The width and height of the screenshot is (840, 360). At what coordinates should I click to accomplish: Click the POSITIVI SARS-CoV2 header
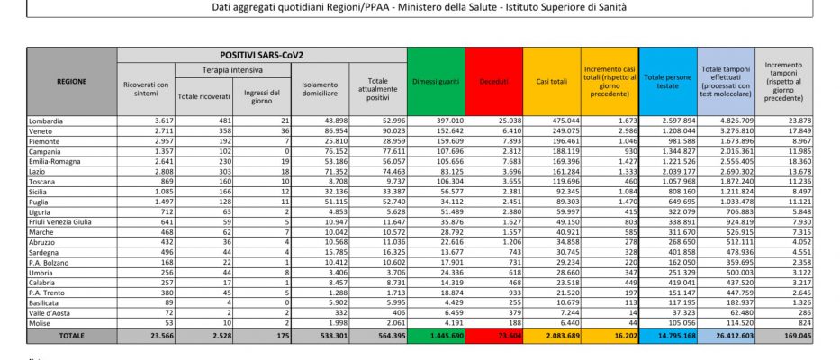tap(261, 55)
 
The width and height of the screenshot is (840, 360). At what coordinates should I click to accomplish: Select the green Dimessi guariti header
tap(436, 81)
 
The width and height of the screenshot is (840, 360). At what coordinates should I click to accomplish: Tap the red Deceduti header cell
tap(494, 81)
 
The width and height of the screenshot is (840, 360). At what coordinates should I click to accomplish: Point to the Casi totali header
tap(552, 81)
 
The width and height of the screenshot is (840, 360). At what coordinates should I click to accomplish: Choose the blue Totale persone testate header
tap(668, 81)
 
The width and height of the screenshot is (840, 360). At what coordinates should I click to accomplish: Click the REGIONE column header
tap(72, 81)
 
